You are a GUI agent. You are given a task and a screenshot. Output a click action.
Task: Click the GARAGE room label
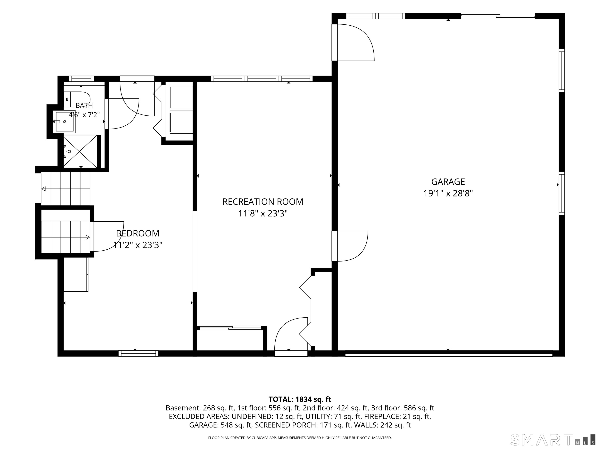pyautogui.click(x=448, y=181)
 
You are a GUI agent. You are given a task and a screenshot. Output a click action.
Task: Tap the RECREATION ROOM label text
pyautogui.click(x=262, y=202)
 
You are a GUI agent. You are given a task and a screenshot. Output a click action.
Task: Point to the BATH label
pyautogui.click(x=84, y=105)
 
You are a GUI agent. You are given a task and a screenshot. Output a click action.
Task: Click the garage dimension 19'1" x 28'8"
pyautogui.click(x=448, y=193)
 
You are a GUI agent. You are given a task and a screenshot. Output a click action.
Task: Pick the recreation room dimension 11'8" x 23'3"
pyautogui.click(x=262, y=214)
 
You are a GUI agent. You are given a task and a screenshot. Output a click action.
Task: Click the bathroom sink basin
pyautogui.click(x=65, y=121)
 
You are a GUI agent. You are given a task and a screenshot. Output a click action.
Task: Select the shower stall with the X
pyautogui.click(x=80, y=151)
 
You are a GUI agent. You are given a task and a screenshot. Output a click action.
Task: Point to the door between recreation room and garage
pyautogui.click(x=350, y=246)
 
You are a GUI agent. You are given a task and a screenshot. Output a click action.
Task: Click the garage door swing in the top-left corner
pyautogui.click(x=353, y=42)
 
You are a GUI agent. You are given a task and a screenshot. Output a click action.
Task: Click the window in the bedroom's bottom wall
pyautogui.click(x=138, y=354)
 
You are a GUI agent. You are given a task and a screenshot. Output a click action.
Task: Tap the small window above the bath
pyautogui.click(x=81, y=79)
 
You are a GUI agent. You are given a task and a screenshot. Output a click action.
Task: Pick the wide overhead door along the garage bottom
pyautogui.click(x=449, y=354)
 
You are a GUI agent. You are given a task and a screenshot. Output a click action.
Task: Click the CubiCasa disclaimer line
pyautogui.click(x=300, y=438)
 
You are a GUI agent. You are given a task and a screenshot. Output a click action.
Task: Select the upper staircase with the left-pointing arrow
pyautogui.click(x=66, y=189)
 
